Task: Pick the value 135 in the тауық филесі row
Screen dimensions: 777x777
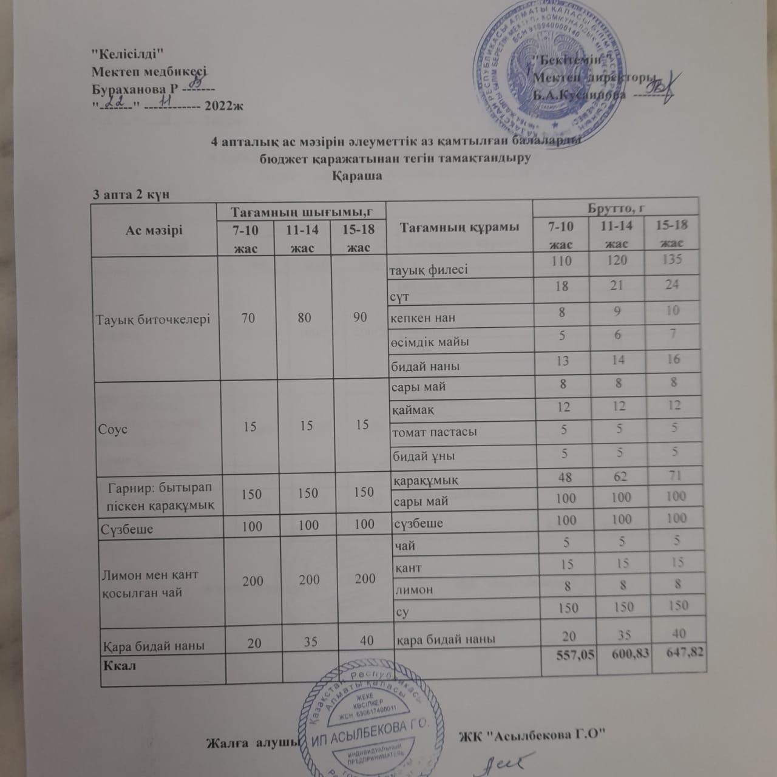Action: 673,260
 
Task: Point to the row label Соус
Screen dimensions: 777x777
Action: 112,429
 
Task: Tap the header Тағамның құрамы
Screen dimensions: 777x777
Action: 460,228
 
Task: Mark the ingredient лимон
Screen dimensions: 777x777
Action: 414,589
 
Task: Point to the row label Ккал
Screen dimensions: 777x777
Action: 120,665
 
